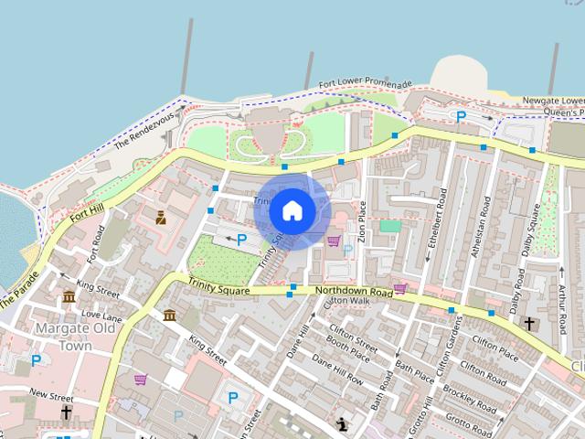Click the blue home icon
coord(292,211)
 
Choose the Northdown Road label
coord(354,291)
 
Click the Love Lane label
coord(101,315)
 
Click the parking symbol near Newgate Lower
coord(462,116)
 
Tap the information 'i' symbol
coord(342,423)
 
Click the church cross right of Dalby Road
coord(529,323)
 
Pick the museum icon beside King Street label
coord(69,296)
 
